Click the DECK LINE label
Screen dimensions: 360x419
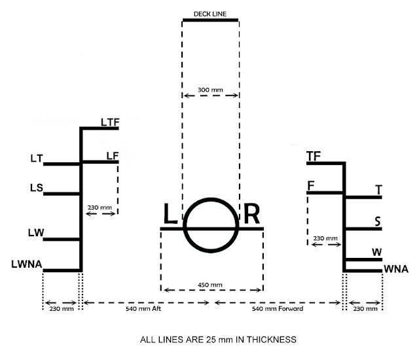[210, 13]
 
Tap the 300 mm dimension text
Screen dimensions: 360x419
[210, 88]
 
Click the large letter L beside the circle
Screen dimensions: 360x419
[170, 215]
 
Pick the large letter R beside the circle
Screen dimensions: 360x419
[251, 215]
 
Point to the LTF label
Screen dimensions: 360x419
[109, 121]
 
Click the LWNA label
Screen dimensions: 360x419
[27, 264]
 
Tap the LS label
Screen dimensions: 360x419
[37, 189]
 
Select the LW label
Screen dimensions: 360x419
[37, 234]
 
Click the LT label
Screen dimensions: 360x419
[37, 158]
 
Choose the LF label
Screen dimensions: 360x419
[112, 155]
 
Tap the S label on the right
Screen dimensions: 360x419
[378, 221]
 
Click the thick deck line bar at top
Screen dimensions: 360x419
[210, 20]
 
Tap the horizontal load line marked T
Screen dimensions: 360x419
[363, 196]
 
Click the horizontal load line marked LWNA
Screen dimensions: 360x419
[62, 270]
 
